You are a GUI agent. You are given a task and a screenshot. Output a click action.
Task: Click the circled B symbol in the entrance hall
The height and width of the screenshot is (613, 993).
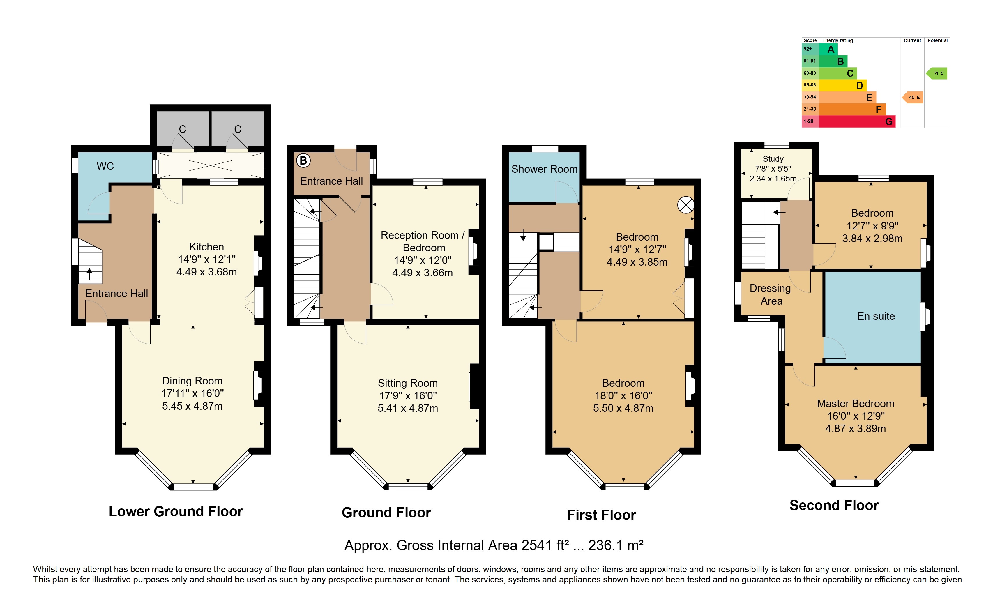[x=303, y=160]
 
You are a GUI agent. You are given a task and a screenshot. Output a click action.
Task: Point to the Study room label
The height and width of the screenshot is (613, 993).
[x=773, y=158]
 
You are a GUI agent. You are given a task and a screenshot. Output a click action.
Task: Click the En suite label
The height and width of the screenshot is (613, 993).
[x=876, y=316]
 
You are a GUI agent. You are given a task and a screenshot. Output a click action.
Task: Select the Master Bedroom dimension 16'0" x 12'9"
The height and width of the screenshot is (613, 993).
[x=856, y=416]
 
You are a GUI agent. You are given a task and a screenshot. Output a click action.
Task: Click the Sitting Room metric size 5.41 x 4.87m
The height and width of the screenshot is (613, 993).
[x=408, y=408]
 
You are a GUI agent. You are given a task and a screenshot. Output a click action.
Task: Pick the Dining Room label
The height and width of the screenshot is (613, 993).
[x=192, y=380]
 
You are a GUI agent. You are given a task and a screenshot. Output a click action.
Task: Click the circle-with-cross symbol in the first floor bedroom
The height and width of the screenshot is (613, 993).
[x=685, y=205]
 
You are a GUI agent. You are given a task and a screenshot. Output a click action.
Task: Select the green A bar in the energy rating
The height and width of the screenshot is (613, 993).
[x=828, y=49]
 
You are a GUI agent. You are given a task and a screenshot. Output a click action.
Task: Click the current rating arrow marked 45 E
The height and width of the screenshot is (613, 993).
[x=912, y=97]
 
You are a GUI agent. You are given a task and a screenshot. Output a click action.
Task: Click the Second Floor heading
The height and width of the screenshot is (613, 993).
[x=834, y=505]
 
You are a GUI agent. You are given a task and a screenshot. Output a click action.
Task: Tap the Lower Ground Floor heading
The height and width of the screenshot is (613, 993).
[x=176, y=511]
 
